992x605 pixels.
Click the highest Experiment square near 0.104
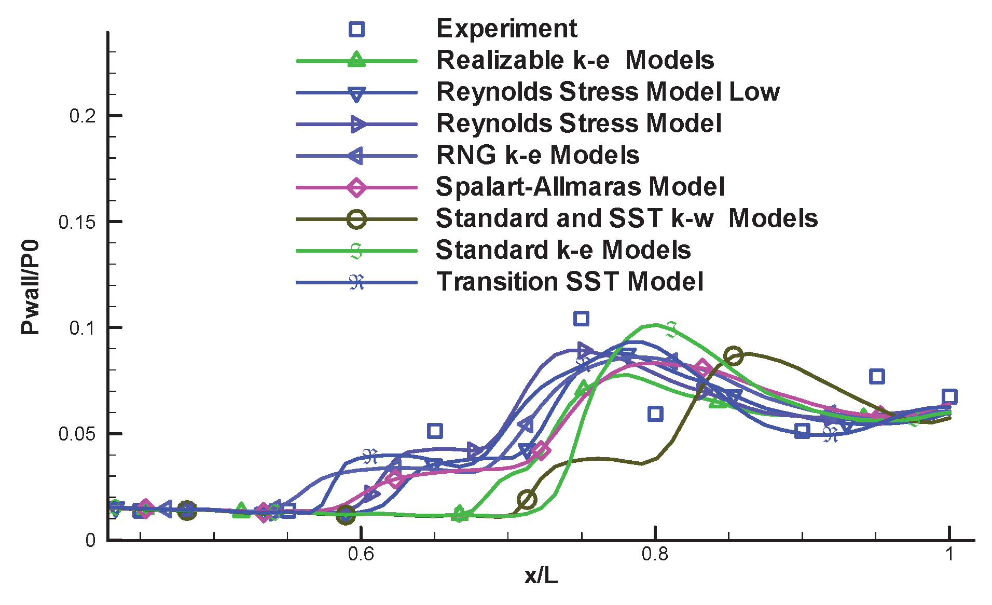tap(581, 318)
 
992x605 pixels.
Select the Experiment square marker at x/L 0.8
tap(655, 414)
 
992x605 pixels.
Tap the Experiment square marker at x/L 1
tap(949, 396)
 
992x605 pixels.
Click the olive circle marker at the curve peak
tap(733, 356)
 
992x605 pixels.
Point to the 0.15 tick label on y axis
tap(77, 222)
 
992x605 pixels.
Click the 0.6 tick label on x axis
tap(361, 554)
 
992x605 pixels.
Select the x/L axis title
tap(541, 576)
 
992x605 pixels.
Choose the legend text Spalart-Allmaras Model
tap(580, 187)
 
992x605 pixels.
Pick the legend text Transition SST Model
tap(570, 282)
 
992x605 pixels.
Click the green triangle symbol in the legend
tap(356, 60)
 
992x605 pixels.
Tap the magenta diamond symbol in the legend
tap(356, 187)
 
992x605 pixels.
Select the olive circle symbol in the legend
tap(356, 219)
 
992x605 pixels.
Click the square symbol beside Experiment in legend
tap(356, 29)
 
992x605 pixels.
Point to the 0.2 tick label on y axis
tap(82, 116)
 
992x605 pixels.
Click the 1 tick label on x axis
tap(949, 554)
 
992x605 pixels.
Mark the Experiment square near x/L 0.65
tap(435, 430)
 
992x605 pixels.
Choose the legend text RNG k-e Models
tap(538, 155)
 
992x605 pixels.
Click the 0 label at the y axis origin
tap(90, 540)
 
